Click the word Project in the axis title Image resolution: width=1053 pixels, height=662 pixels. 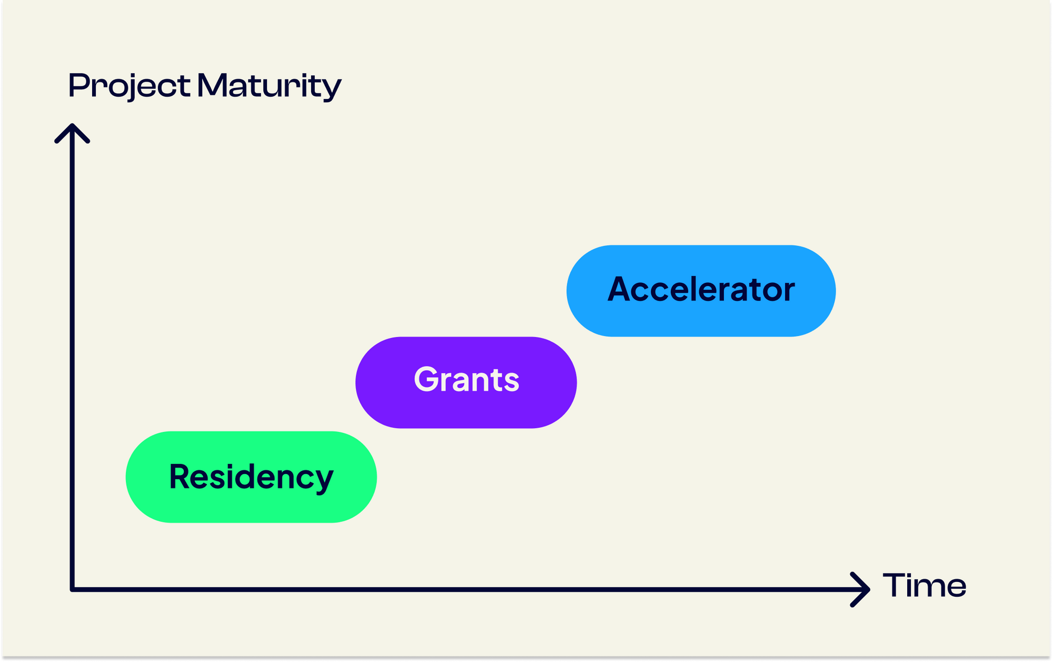tap(129, 85)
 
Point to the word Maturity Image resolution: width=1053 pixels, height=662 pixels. tap(269, 85)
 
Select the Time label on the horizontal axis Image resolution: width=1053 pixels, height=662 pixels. tap(924, 585)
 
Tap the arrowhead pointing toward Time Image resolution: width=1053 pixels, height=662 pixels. tap(861, 589)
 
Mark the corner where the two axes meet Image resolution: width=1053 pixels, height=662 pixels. tap(72, 589)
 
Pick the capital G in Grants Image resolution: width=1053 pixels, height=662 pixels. tap(426, 379)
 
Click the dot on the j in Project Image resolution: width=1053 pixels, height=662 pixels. tap(128, 75)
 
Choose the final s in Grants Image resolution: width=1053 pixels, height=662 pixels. tap(511, 381)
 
